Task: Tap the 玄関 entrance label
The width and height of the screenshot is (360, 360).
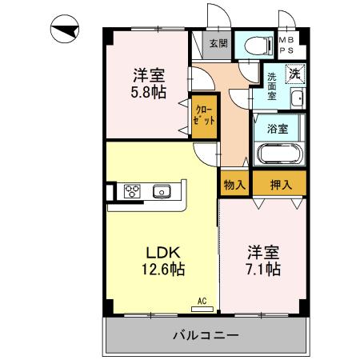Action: point(218,44)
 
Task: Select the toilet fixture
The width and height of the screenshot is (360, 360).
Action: point(257,45)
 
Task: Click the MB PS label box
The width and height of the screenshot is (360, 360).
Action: point(286,44)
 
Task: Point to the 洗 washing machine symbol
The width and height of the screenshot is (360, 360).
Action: point(294,74)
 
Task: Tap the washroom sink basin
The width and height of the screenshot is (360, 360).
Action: point(297,99)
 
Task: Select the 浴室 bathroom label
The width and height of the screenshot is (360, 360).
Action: point(278,126)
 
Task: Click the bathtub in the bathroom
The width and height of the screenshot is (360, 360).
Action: point(277,154)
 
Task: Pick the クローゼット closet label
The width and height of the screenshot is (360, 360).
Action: point(201,115)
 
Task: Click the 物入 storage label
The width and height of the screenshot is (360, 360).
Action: point(234,184)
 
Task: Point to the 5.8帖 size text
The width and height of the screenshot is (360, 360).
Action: point(150,91)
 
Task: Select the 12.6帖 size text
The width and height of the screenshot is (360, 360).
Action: point(164,270)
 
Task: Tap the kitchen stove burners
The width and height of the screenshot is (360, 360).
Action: point(132,191)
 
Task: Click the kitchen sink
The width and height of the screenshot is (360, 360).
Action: point(163,191)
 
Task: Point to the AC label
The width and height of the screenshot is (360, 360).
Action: point(202,302)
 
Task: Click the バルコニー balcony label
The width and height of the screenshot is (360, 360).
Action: point(206,334)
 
